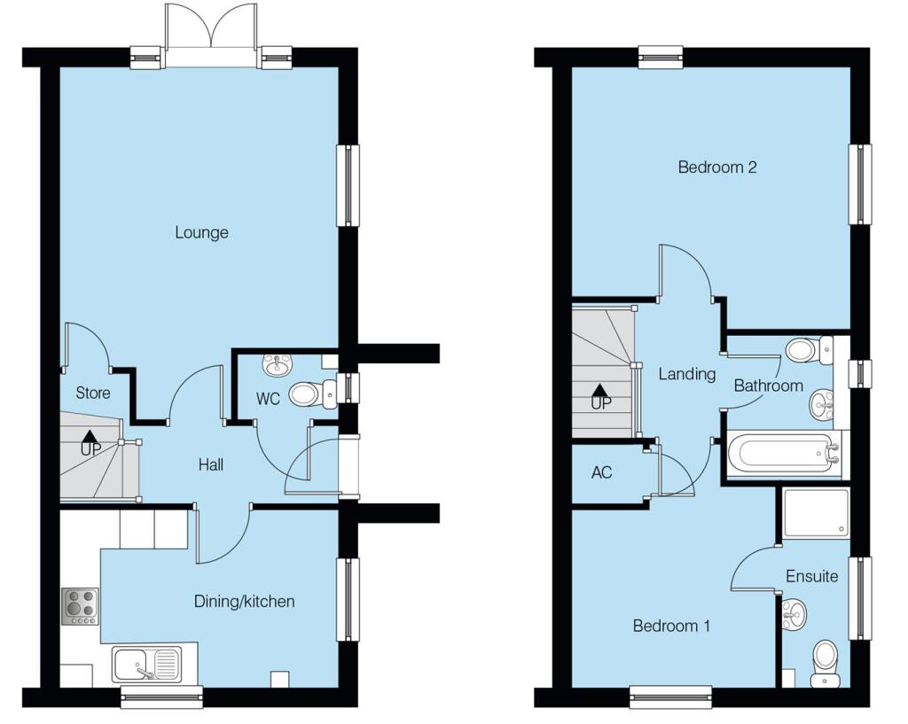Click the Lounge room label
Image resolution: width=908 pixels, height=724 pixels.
click(x=201, y=233)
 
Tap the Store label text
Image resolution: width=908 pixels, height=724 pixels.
click(x=92, y=393)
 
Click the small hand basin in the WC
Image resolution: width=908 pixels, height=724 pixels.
click(x=277, y=363)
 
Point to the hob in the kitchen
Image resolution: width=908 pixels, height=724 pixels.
click(x=80, y=606)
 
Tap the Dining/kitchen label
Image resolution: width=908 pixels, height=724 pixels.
click(x=244, y=602)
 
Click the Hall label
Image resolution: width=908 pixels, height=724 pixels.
click(x=210, y=464)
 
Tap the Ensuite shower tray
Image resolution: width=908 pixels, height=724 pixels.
click(x=816, y=513)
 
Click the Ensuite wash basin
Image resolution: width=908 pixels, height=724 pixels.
click(x=793, y=613)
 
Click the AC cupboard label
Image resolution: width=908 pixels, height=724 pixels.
click(x=601, y=472)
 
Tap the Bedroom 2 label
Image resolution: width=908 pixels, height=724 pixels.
click(x=716, y=167)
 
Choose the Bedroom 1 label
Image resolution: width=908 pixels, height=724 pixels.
click(x=671, y=627)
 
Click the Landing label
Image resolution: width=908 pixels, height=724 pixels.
click(x=686, y=374)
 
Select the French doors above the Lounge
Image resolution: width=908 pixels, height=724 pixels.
click(x=211, y=35)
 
